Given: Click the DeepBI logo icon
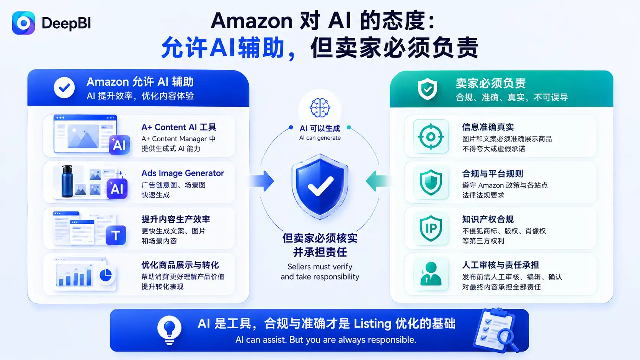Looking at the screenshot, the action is [23, 23].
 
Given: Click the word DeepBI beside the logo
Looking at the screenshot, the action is [66, 23].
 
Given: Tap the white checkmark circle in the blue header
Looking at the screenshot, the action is [64, 88].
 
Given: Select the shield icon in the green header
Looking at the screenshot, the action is [428, 89].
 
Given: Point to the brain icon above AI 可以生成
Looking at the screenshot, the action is [320, 108].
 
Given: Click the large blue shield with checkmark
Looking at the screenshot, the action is [320, 186].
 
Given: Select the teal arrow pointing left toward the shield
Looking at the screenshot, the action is [378, 181].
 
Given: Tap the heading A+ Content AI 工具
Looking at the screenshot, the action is [179, 127].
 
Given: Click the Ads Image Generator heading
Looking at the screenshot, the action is [183, 173].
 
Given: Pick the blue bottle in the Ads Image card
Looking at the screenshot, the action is [67, 181].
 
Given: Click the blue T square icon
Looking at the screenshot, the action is [116, 235].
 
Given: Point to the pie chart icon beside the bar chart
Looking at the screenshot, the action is [105, 275].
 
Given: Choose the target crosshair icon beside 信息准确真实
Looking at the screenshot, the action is [431, 137].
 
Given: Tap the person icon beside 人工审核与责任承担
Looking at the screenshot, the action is [431, 274].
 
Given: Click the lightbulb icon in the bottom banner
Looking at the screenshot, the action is [169, 330].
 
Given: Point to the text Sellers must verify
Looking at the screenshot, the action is [320, 267].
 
